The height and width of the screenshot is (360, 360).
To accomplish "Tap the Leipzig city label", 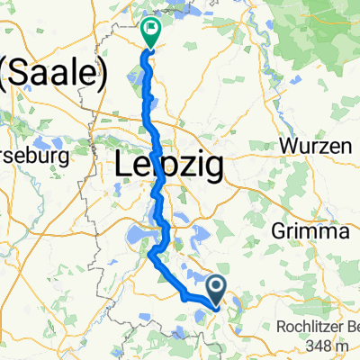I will (171, 166).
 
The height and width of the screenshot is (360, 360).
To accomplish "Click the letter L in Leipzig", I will (124, 166).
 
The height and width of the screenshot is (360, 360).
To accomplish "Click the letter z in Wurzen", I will (318, 147).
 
